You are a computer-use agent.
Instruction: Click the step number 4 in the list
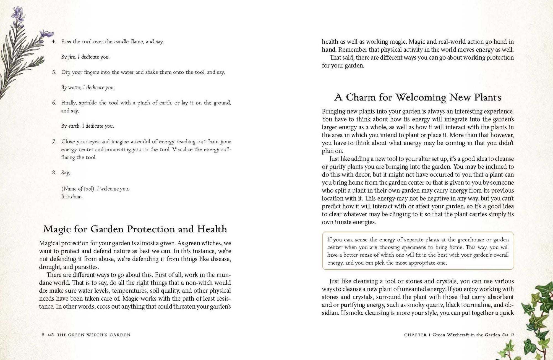(x=54, y=42)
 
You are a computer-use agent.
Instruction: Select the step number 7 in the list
(x=54, y=142)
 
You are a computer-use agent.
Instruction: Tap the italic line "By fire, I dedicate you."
(x=85, y=57)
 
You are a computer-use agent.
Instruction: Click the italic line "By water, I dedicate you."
(x=88, y=88)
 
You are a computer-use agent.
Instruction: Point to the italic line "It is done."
(x=72, y=197)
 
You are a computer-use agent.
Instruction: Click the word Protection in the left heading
(x=151, y=229)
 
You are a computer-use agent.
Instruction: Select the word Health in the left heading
(x=212, y=229)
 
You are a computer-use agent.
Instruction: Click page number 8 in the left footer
(x=43, y=335)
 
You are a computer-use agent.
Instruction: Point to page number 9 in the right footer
(x=512, y=335)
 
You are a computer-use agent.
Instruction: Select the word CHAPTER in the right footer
(x=415, y=335)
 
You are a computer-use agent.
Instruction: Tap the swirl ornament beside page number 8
(x=51, y=335)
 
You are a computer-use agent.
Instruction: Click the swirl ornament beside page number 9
(x=505, y=335)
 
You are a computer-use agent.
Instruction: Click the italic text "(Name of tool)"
(x=78, y=189)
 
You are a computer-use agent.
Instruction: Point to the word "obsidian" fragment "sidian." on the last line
(x=330, y=313)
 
